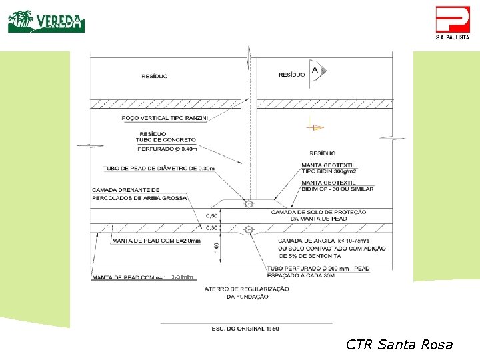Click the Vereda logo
(46, 21)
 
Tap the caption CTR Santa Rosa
(399, 345)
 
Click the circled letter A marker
(315, 71)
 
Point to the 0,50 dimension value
(211, 215)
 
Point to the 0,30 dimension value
(211, 228)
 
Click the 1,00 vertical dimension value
(216, 247)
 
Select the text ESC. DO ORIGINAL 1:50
(245, 329)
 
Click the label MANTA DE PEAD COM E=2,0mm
(156, 241)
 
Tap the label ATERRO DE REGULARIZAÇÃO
(247, 289)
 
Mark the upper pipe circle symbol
(249, 204)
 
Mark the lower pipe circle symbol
(249, 230)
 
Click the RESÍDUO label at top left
(155, 76)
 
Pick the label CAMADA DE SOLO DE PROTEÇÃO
(318, 212)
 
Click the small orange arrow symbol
(317, 127)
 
